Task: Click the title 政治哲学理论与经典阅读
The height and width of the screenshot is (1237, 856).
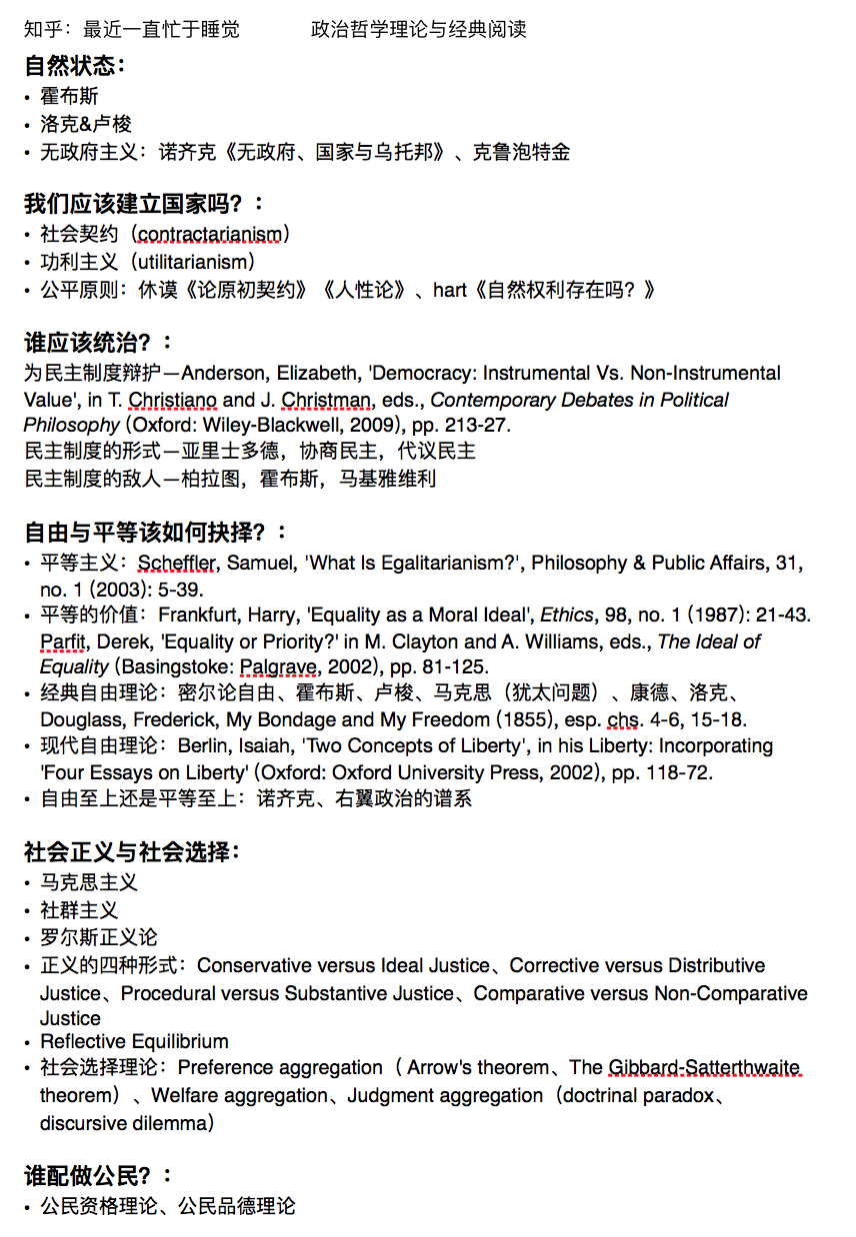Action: (x=418, y=29)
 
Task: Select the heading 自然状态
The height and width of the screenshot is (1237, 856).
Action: (x=72, y=66)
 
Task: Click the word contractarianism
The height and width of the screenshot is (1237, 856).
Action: (x=214, y=234)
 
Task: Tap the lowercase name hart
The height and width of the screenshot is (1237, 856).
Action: (x=449, y=290)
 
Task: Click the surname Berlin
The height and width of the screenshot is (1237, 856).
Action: (x=204, y=745)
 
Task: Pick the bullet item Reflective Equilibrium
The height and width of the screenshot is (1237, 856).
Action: (x=134, y=1041)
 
